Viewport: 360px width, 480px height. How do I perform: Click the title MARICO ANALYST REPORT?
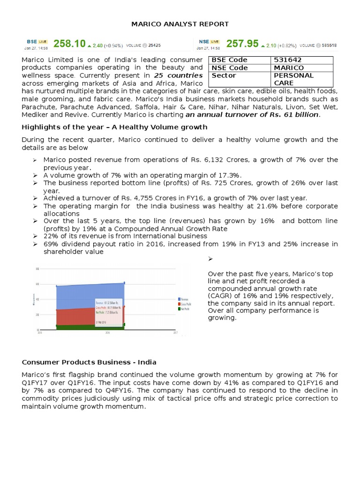point(180,24)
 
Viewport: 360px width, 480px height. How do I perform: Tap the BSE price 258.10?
point(69,44)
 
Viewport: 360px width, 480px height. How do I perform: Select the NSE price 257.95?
point(242,44)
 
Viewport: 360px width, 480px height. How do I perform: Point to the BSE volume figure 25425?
point(155,45)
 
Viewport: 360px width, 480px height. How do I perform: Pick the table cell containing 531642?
point(288,60)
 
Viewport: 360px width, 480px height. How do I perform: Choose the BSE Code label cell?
point(230,60)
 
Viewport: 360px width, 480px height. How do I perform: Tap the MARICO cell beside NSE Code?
point(289,68)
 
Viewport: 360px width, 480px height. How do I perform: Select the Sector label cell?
point(224,75)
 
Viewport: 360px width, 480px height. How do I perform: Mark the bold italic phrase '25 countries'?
point(179,75)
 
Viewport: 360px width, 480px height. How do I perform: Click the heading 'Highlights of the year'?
point(114,127)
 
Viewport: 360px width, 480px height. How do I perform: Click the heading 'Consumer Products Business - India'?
point(89,362)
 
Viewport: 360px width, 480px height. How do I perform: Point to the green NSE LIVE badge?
point(216,42)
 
